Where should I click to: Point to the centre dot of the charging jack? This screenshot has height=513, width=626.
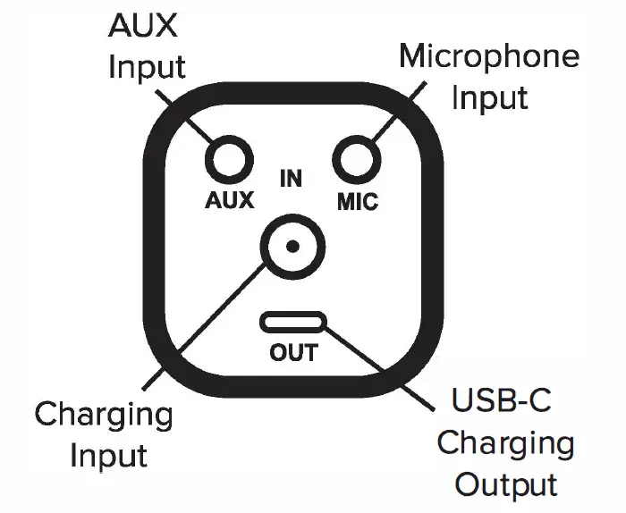coord(293,247)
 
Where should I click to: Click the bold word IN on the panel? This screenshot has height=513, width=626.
coord(291,179)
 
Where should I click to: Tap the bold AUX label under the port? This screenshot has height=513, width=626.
coord(230,200)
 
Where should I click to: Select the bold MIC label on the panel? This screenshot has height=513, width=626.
coord(358,201)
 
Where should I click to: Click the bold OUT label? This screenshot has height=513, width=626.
coord(294,353)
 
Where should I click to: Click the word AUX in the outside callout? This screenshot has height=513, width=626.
coord(142,26)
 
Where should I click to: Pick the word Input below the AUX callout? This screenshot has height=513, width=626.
coord(147,68)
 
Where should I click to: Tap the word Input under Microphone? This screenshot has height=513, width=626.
coord(490,98)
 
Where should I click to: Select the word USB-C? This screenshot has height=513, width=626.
coord(502,400)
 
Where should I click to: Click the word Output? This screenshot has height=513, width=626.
coord(506,484)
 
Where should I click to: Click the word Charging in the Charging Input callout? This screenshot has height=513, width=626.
coord(104,416)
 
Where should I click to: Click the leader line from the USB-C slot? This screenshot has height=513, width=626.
coord(379,368)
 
